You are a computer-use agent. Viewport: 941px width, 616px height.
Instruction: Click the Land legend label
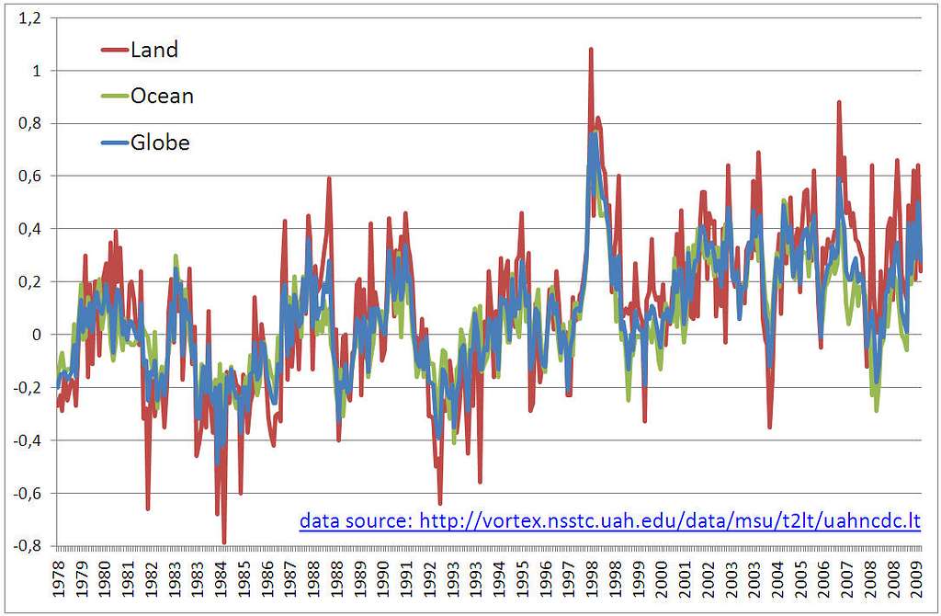(154, 50)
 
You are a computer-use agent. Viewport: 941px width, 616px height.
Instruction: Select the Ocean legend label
(163, 96)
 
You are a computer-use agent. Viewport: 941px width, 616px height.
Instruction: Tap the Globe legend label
(160, 143)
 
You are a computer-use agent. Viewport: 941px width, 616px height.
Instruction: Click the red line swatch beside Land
(115, 51)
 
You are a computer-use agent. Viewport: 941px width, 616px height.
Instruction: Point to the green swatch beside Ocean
(115, 97)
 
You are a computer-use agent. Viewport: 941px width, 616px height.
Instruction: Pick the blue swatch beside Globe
(115, 143)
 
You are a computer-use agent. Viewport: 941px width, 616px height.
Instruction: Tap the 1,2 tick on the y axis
(30, 17)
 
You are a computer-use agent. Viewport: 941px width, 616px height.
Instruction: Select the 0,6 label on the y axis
(30, 176)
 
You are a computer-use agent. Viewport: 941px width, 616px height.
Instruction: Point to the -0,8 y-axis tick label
(28, 545)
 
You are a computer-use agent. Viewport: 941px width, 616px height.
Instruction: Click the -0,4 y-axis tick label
(28, 439)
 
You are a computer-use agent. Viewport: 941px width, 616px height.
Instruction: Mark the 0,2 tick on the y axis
(30, 281)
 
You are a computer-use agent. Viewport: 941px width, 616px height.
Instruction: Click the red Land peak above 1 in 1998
(591, 51)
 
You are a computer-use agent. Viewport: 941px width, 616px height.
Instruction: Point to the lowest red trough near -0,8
(224, 542)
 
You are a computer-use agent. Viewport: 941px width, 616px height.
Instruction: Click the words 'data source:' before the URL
(356, 521)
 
